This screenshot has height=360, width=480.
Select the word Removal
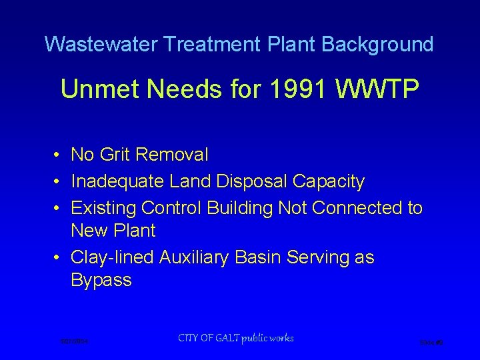point(171,155)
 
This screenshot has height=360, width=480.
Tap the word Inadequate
point(118,181)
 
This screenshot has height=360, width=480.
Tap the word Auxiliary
point(197,257)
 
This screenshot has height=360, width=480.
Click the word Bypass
point(101,281)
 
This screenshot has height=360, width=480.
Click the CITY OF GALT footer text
point(235,338)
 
